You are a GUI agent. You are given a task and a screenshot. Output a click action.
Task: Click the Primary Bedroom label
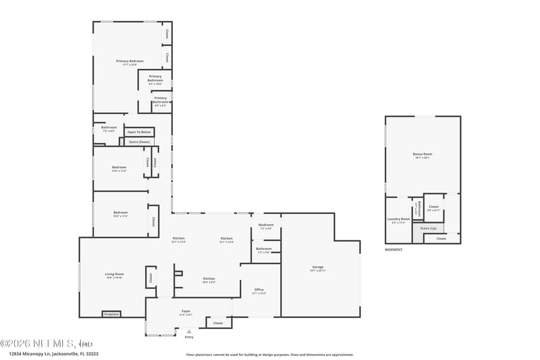(x=130, y=61)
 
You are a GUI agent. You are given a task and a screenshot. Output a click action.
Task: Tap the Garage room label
(x=318, y=267)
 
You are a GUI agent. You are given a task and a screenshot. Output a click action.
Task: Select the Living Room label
(x=114, y=274)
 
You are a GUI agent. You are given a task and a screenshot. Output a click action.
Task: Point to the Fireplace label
(x=111, y=314)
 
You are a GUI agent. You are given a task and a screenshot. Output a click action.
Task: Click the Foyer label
(x=186, y=311)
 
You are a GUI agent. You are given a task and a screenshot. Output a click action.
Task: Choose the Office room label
(x=259, y=290)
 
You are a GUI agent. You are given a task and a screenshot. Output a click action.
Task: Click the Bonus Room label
(x=423, y=154)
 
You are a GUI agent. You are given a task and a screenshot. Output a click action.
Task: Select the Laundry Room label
(x=398, y=219)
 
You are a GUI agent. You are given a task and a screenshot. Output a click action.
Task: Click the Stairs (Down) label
(x=139, y=142)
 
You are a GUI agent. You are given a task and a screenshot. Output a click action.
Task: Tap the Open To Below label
(x=139, y=132)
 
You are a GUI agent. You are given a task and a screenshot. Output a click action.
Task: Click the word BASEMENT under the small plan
(x=394, y=250)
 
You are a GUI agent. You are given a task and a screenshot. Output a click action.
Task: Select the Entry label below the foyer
(x=188, y=337)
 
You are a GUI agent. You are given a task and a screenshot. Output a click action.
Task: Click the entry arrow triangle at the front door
(x=188, y=332)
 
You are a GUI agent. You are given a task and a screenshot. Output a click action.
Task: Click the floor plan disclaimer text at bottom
(x=269, y=354)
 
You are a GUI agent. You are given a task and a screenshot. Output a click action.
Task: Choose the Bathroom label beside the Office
(x=264, y=249)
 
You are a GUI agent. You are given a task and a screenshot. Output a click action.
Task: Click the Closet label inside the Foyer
(x=218, y=323)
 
